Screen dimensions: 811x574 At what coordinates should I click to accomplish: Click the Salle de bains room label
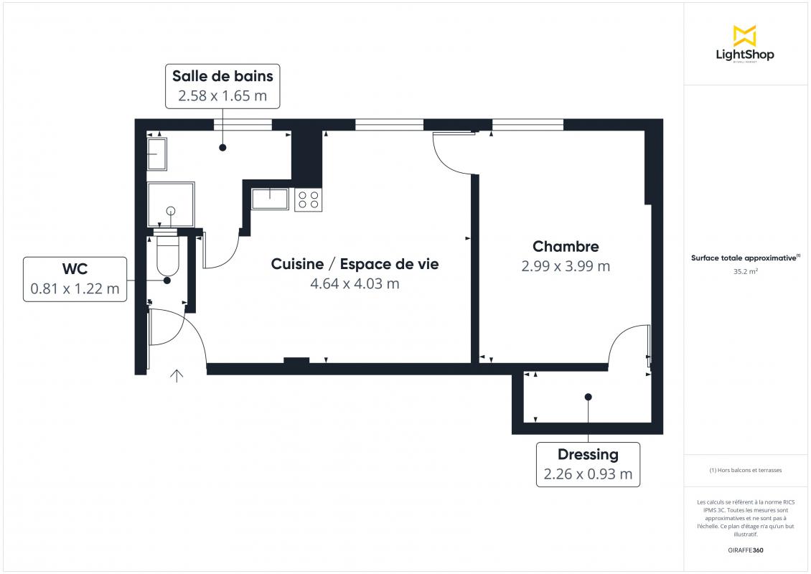click(x=222, y=76)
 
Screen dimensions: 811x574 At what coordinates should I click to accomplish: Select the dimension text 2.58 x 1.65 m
click(x=222, y=95)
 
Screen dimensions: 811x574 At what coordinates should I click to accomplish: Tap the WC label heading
click(x=75, y=269)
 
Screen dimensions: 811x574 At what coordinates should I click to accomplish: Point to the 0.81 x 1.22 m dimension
click(x=75, y=288)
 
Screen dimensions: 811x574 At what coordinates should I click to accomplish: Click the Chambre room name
click(x=566, y=246)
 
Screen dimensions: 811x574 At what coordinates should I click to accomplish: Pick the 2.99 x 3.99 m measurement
click(x=566, y=265)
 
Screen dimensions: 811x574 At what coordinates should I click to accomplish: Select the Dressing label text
click(x=588, y=455)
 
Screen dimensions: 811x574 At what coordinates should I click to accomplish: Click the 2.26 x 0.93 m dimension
click(x=588, y=474)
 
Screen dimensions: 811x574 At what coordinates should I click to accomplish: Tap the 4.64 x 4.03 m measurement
click(x=355, y=283)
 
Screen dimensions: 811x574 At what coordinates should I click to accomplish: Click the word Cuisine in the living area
click(x=297, y=264)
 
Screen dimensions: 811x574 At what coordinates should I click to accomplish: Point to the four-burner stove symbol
click(x=309, y=199)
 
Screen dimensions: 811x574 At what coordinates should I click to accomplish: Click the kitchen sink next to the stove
click(x=270, y=199)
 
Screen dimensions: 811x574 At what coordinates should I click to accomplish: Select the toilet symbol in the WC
click(x=167, y=256)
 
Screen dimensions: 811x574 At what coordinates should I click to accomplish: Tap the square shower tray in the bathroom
click(x=171, y=204)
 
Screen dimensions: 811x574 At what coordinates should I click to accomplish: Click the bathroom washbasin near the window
click(x=156, y=154)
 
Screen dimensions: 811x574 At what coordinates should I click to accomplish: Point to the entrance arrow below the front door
click(x=177, y=376)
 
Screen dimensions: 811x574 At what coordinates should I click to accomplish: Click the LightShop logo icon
click(x=745, y=36)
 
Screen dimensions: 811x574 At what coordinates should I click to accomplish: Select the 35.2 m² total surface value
click(x=745, y=271)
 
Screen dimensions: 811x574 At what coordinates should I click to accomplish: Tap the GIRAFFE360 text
click(x=745, y=550)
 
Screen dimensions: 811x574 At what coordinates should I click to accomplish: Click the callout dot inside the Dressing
click(x=588, y=397)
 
